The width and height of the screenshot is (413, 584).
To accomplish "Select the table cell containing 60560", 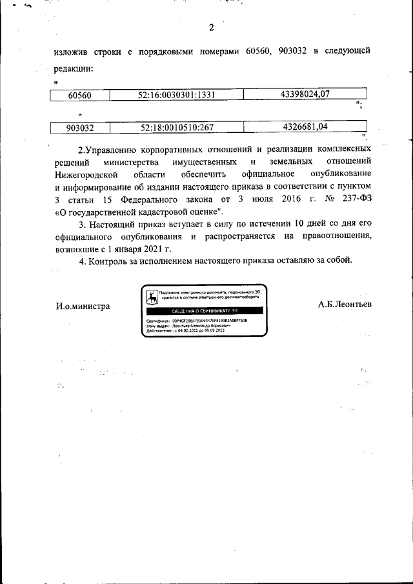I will (80, 96).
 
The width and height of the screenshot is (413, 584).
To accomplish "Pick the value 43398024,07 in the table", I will (305, 95).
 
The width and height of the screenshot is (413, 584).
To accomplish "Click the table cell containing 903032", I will (80, 128).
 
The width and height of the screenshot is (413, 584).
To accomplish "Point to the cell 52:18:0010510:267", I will (176, 128).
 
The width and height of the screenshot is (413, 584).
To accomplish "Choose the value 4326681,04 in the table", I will (305, 127).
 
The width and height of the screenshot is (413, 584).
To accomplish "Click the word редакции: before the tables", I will (74, 68).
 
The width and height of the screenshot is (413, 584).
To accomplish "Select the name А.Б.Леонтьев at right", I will (344, 303).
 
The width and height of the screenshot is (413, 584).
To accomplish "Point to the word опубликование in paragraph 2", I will (341, 175).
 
